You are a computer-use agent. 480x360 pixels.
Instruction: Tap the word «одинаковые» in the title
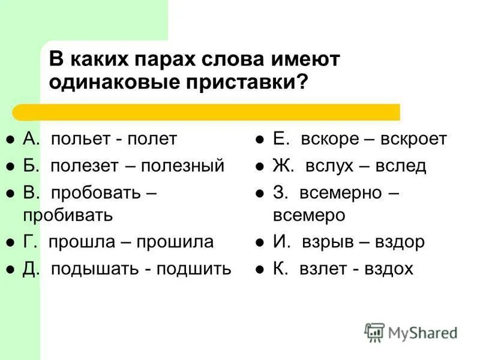click(115, 82)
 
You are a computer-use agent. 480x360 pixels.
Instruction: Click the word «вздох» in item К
click(389, 268)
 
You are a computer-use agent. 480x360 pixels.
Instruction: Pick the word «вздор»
click(400, 242)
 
